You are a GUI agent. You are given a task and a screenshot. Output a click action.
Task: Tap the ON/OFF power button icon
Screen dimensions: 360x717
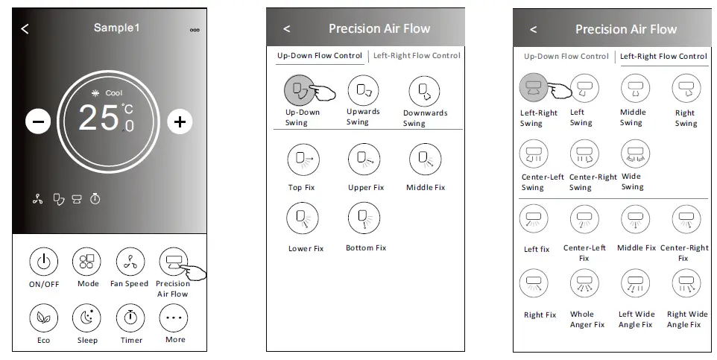pos(44,262)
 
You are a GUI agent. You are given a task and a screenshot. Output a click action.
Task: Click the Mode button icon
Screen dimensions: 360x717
pos(87,262)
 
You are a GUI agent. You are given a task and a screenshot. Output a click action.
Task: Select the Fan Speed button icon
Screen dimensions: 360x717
pos(130,262)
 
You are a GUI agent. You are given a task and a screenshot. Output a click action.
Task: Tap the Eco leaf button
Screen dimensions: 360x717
pos(44,318)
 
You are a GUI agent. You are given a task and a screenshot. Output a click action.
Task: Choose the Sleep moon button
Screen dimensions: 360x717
pos(87,318)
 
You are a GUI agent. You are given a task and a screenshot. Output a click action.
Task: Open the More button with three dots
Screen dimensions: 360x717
pos(174,318)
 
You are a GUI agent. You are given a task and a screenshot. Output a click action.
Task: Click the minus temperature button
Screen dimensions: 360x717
pos(39,121)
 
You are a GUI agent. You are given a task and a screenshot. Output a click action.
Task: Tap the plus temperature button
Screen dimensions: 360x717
pos(180,121)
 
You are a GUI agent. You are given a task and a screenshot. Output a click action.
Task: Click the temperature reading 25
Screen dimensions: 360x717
pos(99,118)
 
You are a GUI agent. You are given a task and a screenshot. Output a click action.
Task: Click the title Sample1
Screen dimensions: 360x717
pos(116,28)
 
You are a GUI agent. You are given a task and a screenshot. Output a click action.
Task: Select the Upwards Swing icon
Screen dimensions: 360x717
pos(363,90)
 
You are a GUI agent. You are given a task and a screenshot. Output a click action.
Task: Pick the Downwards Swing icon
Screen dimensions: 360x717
pos(424,91)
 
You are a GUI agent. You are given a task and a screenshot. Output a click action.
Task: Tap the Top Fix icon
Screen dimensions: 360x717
pos(301,159)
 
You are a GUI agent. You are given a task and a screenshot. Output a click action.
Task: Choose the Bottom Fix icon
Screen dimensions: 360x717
pos(364,218)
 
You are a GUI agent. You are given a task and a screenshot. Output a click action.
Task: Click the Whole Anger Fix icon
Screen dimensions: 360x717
pos(584,284)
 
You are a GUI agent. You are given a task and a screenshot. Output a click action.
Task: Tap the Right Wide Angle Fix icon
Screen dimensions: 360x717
pos(686,284)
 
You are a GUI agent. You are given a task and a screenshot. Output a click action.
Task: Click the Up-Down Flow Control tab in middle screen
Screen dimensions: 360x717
pos(319,56)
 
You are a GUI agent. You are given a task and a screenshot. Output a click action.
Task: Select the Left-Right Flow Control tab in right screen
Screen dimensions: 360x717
pos(663,57)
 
